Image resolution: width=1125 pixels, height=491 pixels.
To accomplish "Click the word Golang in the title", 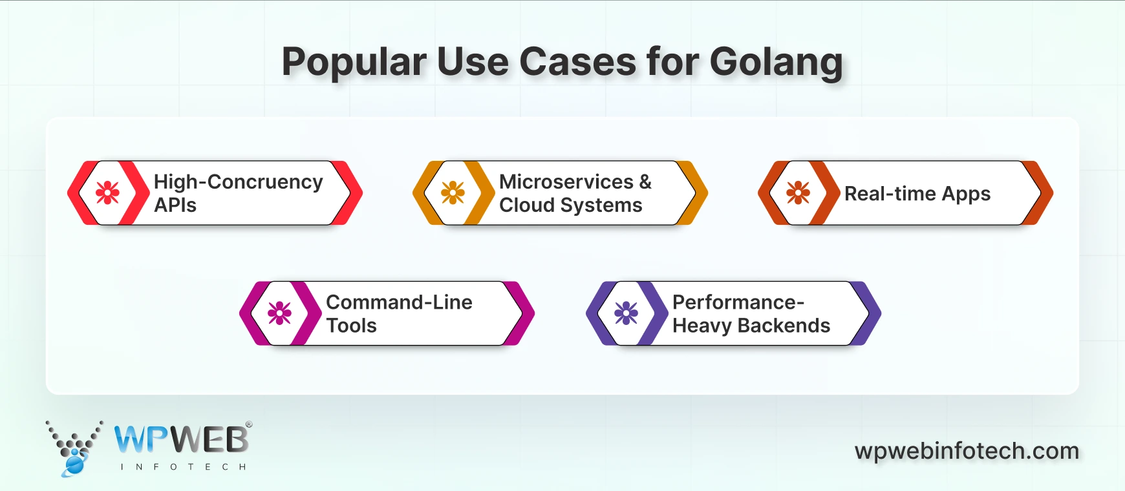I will click(x=776, y=63).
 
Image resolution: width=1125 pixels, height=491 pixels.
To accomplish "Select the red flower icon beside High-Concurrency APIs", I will click(x=107, y=193).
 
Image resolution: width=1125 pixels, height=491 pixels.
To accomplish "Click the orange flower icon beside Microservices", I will click(x=453, y=193).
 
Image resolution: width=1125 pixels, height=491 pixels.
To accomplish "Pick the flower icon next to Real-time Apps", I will click(x=798, y=193).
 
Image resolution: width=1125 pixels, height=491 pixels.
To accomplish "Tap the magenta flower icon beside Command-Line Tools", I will click(x=279, y=313).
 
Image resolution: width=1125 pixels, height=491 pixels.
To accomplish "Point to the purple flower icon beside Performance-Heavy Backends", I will click(x=626, y=313).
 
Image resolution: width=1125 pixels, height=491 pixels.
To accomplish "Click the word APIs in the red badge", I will click(x=175, y=205).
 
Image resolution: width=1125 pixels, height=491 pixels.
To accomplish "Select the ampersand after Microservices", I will click(x=645, y=182).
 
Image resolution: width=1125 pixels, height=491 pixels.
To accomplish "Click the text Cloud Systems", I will click(x=570, y=205).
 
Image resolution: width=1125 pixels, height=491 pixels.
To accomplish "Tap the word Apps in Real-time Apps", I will click(x=966, y=194).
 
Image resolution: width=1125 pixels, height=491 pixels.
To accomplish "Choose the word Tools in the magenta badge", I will click(x=351, y=326).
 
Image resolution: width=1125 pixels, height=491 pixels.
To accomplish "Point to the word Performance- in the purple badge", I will click(x=738, y=302).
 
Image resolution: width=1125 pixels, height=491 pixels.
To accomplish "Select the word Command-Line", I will click(x=399, y=302).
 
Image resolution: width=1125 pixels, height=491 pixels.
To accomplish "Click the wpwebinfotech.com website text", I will click(x=967, y=451).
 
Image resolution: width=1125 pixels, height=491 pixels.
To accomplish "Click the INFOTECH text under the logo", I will click(x=183, y=466).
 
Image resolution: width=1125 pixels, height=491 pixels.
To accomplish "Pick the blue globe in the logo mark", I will click(x=74, y=465).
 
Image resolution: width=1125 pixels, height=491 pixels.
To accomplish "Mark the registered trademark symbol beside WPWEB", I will click(x=249, y=425).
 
